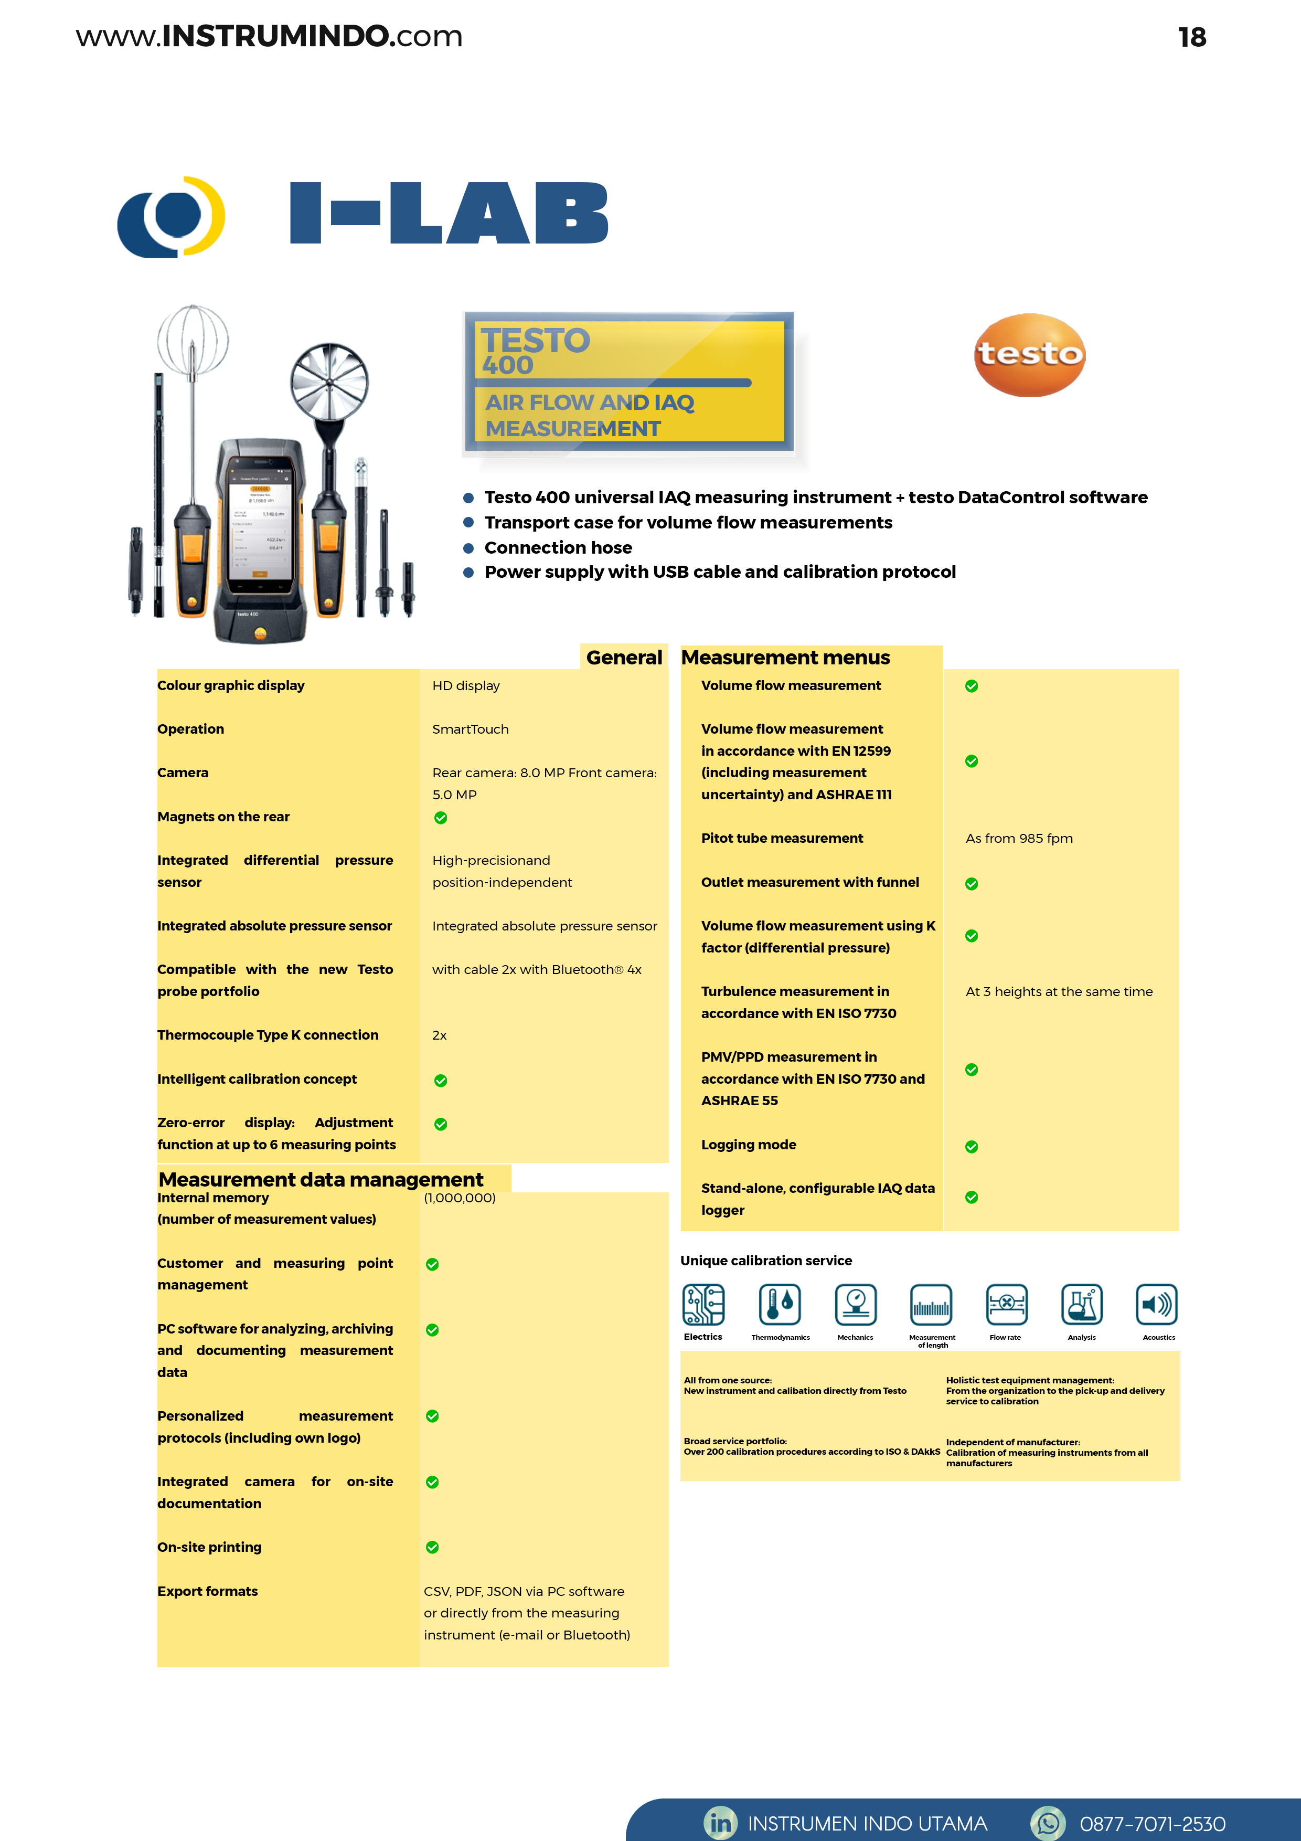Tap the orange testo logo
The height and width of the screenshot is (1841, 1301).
[1029, 354]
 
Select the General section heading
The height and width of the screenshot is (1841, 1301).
[624, 658]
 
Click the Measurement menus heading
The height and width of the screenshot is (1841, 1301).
[785, 658]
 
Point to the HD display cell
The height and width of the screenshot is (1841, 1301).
[466, 685]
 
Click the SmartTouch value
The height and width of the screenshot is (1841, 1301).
[470, 729]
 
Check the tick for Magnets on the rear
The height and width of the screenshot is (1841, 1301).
[440, 818]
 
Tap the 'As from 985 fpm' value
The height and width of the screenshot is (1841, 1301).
[1018, 838]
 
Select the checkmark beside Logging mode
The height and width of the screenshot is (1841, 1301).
[971, 1147]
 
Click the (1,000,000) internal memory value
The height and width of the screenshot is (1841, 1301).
[460, 1198]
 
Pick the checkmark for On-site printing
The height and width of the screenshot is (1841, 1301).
[432, 1548]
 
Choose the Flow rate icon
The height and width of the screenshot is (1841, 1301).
[1006, 1305]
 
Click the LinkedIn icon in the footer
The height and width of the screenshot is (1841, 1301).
[720, 1823]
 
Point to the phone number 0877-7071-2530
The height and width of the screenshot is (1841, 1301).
[1152, 1824]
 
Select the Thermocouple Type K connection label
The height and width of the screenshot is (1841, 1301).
[268, 1035]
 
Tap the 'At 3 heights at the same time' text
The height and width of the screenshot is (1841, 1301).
[1058, 992]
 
